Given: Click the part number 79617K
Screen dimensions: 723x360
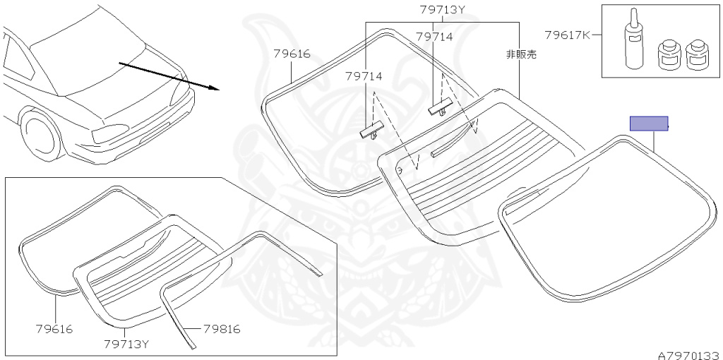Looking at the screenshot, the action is tap(567, 35).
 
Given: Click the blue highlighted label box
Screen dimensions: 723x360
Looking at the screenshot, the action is tap(649, 124).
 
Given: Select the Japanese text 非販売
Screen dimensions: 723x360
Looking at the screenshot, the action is tap(522, 54).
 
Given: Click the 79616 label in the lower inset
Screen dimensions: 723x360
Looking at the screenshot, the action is tap(54, 329).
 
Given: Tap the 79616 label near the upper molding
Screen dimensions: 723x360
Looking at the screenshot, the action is tap(292, 54).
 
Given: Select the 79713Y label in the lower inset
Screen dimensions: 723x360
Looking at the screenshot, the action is tap(127, 344).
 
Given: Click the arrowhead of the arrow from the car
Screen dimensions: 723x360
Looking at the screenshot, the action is tap(214, 88).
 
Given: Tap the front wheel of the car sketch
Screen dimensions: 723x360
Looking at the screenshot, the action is tap(42, 136).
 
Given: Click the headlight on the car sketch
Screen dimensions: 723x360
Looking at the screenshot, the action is tap(109, 133).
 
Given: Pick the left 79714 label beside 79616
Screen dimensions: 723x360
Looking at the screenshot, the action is tap(364, 76).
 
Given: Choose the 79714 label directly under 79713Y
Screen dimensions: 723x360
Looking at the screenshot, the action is tap(434, 37).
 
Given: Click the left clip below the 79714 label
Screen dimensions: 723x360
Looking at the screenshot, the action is tap(371, 129).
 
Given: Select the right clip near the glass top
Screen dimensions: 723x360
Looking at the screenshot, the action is tap(440, 107).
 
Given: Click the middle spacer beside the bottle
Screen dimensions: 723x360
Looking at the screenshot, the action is tap(668, 55).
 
